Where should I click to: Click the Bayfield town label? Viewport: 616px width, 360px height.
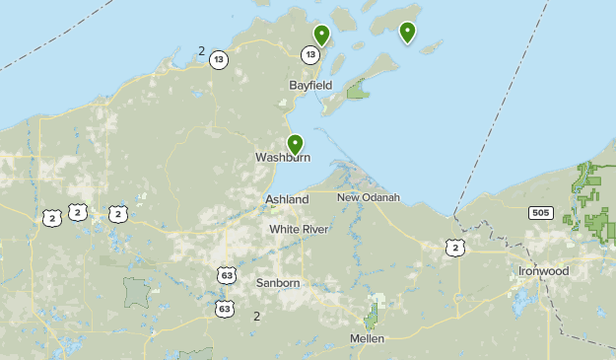point(310,86)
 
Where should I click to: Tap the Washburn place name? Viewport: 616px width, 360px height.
point(283,158)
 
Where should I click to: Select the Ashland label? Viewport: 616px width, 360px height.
point(287,199)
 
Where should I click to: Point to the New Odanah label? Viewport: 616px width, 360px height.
point(369,197)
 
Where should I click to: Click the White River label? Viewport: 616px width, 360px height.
point(299,230)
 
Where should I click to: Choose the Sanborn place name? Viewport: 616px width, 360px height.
point(278,283)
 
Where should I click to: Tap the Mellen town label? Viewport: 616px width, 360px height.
point(367,338)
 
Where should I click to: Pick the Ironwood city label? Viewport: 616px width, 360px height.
point(543,271)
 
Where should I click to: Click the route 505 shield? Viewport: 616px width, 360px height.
point(539,212)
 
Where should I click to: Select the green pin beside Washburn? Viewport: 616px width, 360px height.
point(294,144)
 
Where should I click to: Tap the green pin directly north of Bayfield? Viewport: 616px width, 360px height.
point(321,36)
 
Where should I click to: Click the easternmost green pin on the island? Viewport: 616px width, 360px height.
point(407,33)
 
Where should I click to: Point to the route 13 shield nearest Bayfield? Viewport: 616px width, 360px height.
point(310,55)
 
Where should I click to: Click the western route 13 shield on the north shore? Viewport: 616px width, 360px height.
point(219,60)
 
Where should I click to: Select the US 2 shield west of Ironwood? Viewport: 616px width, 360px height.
point(453,248)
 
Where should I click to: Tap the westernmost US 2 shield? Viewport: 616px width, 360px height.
point(51,218)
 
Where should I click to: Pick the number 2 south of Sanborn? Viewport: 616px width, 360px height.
point(256,317)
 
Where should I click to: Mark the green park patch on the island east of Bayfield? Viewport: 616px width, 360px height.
point(358,93)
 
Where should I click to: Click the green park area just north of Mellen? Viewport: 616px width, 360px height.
point(372,318)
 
